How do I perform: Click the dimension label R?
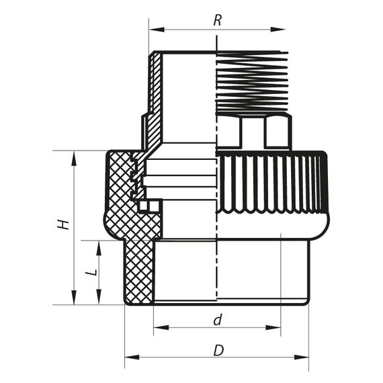coord(217,20)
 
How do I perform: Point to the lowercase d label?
coord(217,321)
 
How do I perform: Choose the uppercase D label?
coord(218,350)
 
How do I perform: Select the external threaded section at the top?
coord(249,81)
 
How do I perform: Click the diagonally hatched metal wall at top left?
coord(155,94)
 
